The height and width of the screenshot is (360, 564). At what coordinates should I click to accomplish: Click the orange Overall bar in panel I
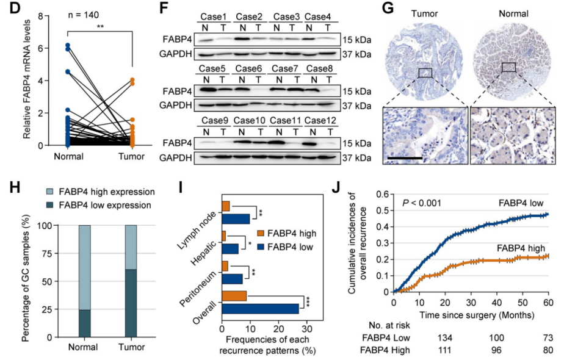[x=234, y=296]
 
